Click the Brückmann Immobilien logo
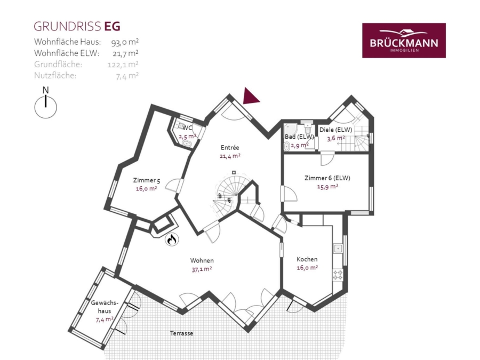click(x=404, y=41)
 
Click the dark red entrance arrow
click(x=251, y=96)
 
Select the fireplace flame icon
click(x=172, y=239)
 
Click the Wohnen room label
click(x=202, y=260)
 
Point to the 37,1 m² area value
click(x=202, y=269)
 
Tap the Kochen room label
click(x=307, y=259)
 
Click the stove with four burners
click(x=338, y=275)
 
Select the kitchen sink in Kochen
click(x=338, y=248)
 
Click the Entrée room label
click(x=230, y=148)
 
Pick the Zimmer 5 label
click(x=146, y=180)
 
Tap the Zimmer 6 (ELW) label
click(x=327, y=178)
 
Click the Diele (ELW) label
click(x=336, y=130)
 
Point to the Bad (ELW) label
click(x=299, y=137)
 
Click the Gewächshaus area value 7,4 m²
click(x=105, y=319)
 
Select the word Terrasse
click(x=181, y=333)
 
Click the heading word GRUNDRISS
click(x=67, y=27)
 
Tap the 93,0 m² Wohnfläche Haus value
click(x=125, y=42)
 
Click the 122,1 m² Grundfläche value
click(x=123, y=65)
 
